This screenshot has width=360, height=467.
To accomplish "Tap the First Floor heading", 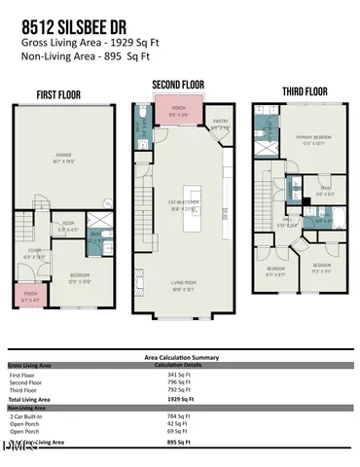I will coord(59,95).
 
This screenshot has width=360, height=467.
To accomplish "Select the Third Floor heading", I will coord(306,92).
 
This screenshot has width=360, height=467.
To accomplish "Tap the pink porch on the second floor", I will coord(178,110).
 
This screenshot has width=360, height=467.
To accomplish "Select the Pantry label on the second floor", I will coord(221,125).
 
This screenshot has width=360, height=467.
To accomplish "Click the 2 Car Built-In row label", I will coord(28,415).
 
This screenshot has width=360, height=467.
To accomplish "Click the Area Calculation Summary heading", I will coord(180,357).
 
